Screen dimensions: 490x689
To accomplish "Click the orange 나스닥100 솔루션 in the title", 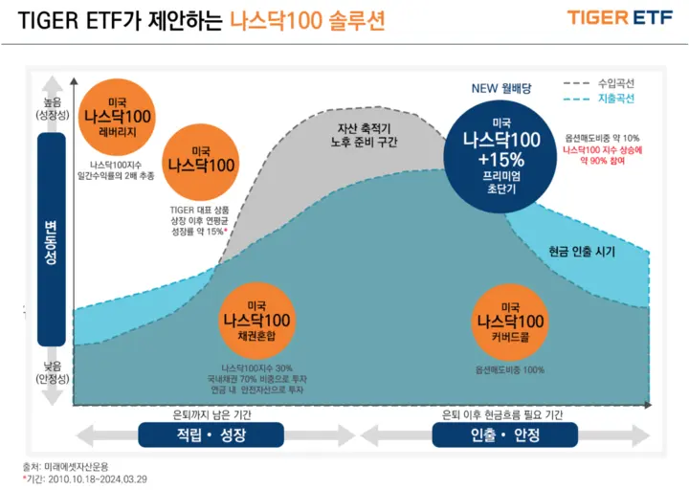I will coord(307,21).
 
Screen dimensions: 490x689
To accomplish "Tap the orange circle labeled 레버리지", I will coord(119,119).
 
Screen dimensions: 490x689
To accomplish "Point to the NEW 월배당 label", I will coord(500,89).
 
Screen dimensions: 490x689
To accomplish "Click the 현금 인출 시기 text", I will coord(582,251).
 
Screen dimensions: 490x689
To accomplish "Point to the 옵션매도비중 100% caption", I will coord(510,368).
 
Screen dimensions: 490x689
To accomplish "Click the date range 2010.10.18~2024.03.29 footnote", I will coord(87,478).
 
